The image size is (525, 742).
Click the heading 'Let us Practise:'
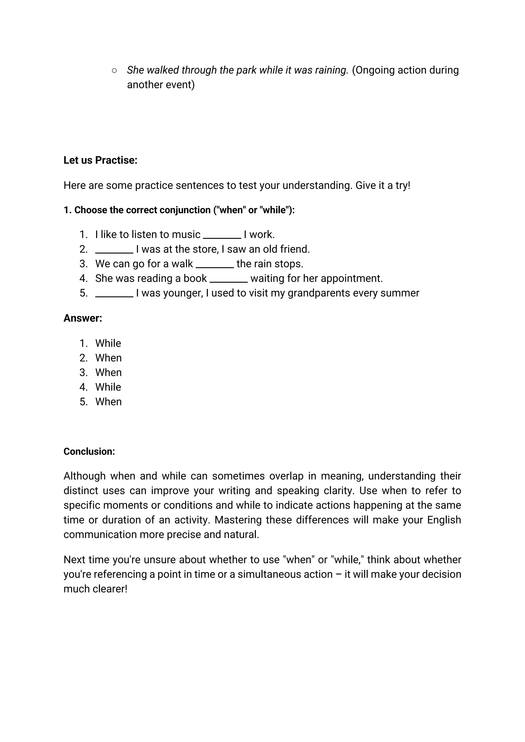click(100, 160)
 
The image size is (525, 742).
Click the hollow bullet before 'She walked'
click(114, 70)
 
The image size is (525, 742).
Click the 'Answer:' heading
click(83, 318)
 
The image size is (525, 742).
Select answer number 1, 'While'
click(108, 343)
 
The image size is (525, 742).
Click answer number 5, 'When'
click(108, 402)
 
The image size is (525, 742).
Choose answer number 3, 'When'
click(108, 372)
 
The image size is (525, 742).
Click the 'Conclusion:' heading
click(89, 451)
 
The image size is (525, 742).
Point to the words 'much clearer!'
click(95, 589)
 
